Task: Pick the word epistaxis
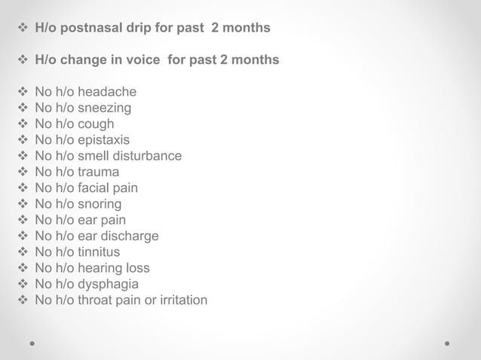point(103,140)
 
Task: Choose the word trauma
point(98,172)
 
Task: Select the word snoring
point(100,204)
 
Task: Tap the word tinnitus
point(99,252)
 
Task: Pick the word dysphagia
point(108,285)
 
